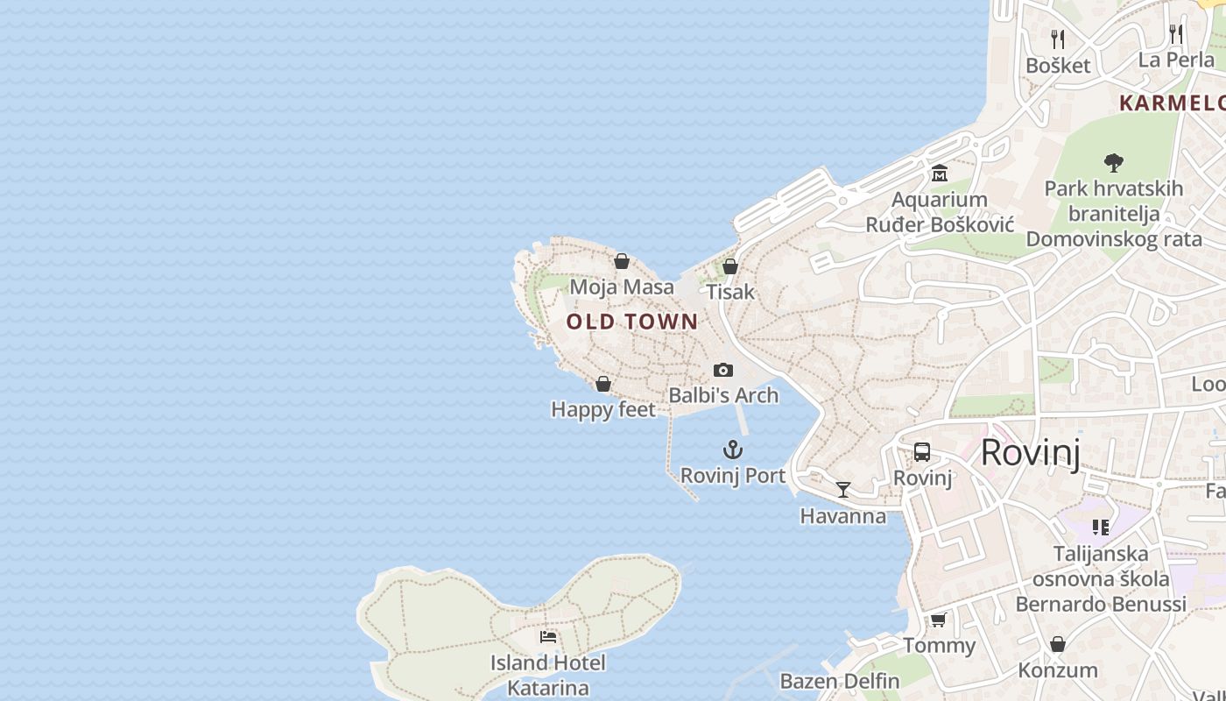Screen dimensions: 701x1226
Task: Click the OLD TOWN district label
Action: tap(632, 322)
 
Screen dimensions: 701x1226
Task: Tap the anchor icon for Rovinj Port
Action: tap(733, 450)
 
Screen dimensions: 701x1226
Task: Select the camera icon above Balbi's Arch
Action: tap(722, 370)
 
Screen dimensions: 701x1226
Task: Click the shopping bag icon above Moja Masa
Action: tap(622, 261)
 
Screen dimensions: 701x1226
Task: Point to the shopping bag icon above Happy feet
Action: tap(602, 384)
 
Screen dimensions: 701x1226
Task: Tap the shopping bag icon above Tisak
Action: tap(729, 266)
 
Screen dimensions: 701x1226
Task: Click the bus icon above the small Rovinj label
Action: tap(922, 452)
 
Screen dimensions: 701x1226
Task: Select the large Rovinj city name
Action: tap(1030, 452)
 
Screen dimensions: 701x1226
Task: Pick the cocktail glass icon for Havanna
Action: tap(842, 490)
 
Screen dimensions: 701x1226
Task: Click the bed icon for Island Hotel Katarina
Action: tap(548, 637)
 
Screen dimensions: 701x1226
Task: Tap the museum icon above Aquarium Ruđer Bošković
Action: tap(940, 173)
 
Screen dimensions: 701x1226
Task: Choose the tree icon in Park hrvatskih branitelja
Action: tap(1113, 162)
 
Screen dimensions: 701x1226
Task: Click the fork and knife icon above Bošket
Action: tap(1058, 39)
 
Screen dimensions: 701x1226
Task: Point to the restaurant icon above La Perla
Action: tap(1176, 34)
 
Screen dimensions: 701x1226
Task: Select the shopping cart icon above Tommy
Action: tap(938, 620)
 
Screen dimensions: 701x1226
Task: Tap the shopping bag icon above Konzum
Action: tap(1058, 645)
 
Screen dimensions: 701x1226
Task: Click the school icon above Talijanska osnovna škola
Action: tap(1101, 528)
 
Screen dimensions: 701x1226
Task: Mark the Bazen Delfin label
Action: tap(839, 681)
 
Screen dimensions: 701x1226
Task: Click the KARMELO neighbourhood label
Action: tap(1172, 103)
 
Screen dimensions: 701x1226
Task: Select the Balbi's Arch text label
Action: tap(723, 395)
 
